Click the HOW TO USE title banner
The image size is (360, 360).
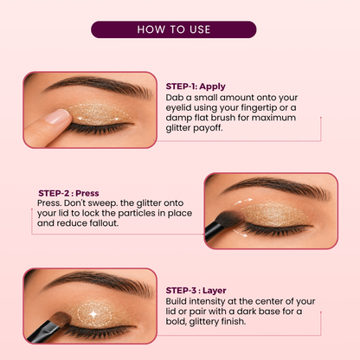point(174,29)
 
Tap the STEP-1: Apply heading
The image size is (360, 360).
point(196,87)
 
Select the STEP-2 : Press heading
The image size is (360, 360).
point(68,193)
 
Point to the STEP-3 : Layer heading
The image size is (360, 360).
point(196,291)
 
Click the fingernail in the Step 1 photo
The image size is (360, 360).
point(57,117)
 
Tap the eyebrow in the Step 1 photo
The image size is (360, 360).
point(98,86)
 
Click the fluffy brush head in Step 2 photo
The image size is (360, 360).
point(229,219)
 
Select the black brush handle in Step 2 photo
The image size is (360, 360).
point(213,232)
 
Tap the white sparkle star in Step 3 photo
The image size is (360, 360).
point(93,314)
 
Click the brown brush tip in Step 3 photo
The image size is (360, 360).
point(61,318)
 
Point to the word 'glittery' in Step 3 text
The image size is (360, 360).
point(203,322)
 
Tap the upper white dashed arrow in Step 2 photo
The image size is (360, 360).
point(243,201)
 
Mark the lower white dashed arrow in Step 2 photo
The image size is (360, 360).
point(240,234)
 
